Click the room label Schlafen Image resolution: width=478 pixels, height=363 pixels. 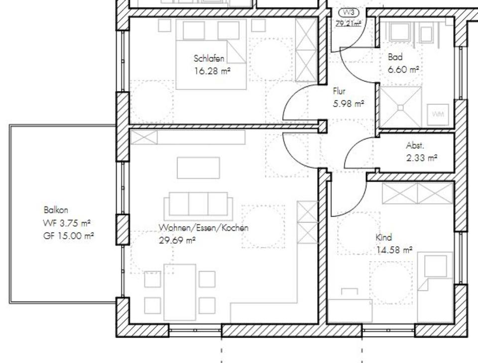209,59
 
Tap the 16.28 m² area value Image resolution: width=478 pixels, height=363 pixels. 212,71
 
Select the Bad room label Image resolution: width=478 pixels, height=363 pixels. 395,57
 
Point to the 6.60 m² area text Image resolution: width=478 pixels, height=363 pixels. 403,70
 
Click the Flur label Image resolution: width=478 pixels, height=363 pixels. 339,91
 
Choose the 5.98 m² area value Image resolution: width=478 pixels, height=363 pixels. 348,104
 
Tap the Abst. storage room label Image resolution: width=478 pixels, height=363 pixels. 415,146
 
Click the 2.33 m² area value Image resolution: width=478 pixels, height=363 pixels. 422,158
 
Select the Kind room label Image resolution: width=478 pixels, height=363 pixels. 383,238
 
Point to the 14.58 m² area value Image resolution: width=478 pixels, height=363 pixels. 394,250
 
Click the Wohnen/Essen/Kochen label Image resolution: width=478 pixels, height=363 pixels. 203,228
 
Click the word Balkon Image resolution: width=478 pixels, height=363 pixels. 56,210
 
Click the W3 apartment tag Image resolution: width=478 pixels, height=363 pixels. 348,12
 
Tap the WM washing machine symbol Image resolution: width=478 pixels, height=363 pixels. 438,114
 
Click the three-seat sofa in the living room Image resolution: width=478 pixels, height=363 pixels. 198,205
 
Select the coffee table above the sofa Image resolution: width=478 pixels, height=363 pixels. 198,168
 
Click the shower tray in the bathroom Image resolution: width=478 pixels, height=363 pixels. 400,107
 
